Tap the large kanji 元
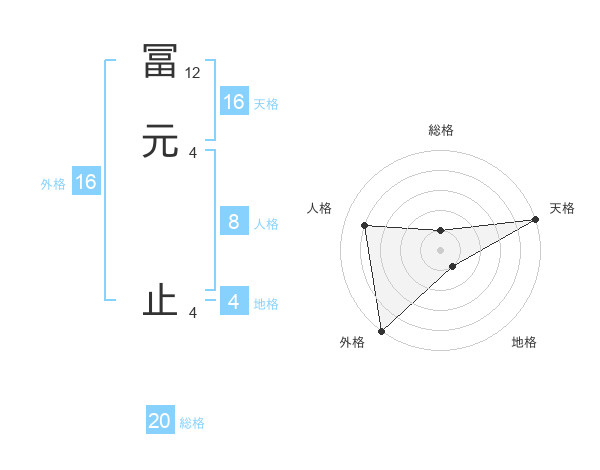161,141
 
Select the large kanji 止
161,301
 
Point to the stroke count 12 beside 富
194,73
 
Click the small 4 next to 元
193,152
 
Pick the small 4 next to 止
193,313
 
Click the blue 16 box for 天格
233,102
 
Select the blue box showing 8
233,222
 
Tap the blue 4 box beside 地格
233,302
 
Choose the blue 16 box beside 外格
85,182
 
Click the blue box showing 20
160,422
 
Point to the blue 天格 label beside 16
266,104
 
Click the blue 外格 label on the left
53,184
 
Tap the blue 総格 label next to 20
192,423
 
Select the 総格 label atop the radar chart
441,130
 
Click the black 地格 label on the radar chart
524,343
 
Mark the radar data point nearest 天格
535,220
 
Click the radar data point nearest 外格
380,330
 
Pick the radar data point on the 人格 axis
365,225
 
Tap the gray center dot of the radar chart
441,250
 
